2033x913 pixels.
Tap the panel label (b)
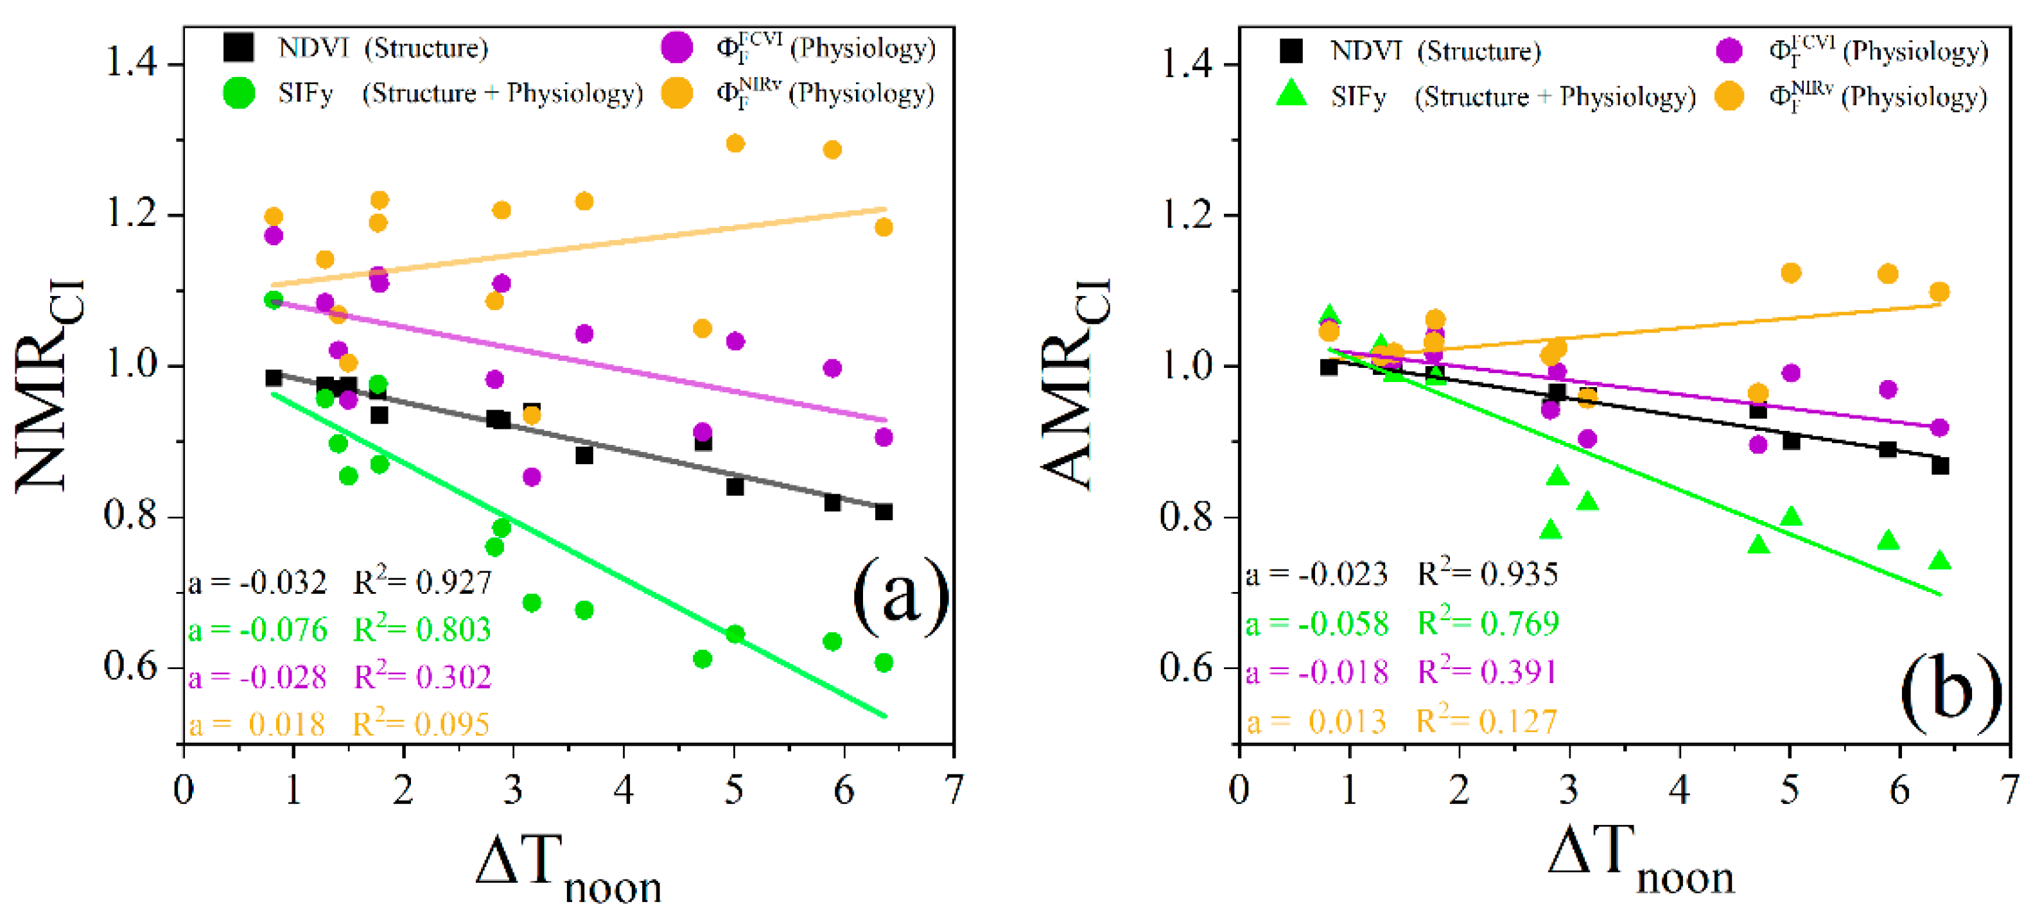click(x=1950, y=690)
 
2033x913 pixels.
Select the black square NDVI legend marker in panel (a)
click(x=238, y=48)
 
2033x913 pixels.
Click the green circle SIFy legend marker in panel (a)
click(x=238, y=93)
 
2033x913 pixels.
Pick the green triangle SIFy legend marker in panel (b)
click(x=1291, y=94)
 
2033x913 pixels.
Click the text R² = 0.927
click(x=423, y=582)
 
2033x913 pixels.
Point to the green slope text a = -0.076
click(x=257, y=630)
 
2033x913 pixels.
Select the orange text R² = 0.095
click(x=421, y=724)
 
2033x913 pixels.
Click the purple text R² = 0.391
click(x=1487, y=672)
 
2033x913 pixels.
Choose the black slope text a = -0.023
click(x=1316, y=575)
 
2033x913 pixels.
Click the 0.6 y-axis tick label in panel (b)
click(x=1186, y=668)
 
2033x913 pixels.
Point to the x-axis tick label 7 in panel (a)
click(x=954, y=789)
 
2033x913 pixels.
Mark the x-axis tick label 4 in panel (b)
click(x=1679, y=789)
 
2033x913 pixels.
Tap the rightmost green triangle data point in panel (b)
click(x=1940, y=561)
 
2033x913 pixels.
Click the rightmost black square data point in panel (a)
click(x=884, y=512)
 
